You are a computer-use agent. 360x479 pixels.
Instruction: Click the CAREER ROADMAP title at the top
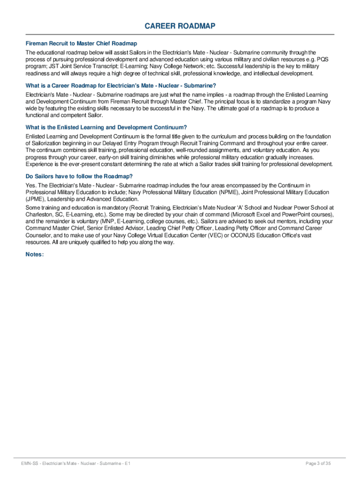180,26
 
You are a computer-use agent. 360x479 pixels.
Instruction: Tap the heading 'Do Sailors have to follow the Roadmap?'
79,176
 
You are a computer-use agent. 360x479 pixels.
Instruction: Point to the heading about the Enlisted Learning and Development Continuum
106,127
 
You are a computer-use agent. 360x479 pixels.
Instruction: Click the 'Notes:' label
35,254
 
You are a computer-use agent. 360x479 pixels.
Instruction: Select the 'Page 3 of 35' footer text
318,464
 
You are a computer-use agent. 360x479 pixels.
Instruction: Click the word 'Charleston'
39,215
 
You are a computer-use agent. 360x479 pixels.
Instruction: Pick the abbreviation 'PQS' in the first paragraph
324,59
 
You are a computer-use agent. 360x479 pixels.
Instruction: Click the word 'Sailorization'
49,143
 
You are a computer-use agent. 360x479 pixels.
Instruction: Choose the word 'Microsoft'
240,215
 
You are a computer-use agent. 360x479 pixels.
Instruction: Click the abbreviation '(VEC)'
220,236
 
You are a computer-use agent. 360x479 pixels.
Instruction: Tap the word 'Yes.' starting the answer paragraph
31,186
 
